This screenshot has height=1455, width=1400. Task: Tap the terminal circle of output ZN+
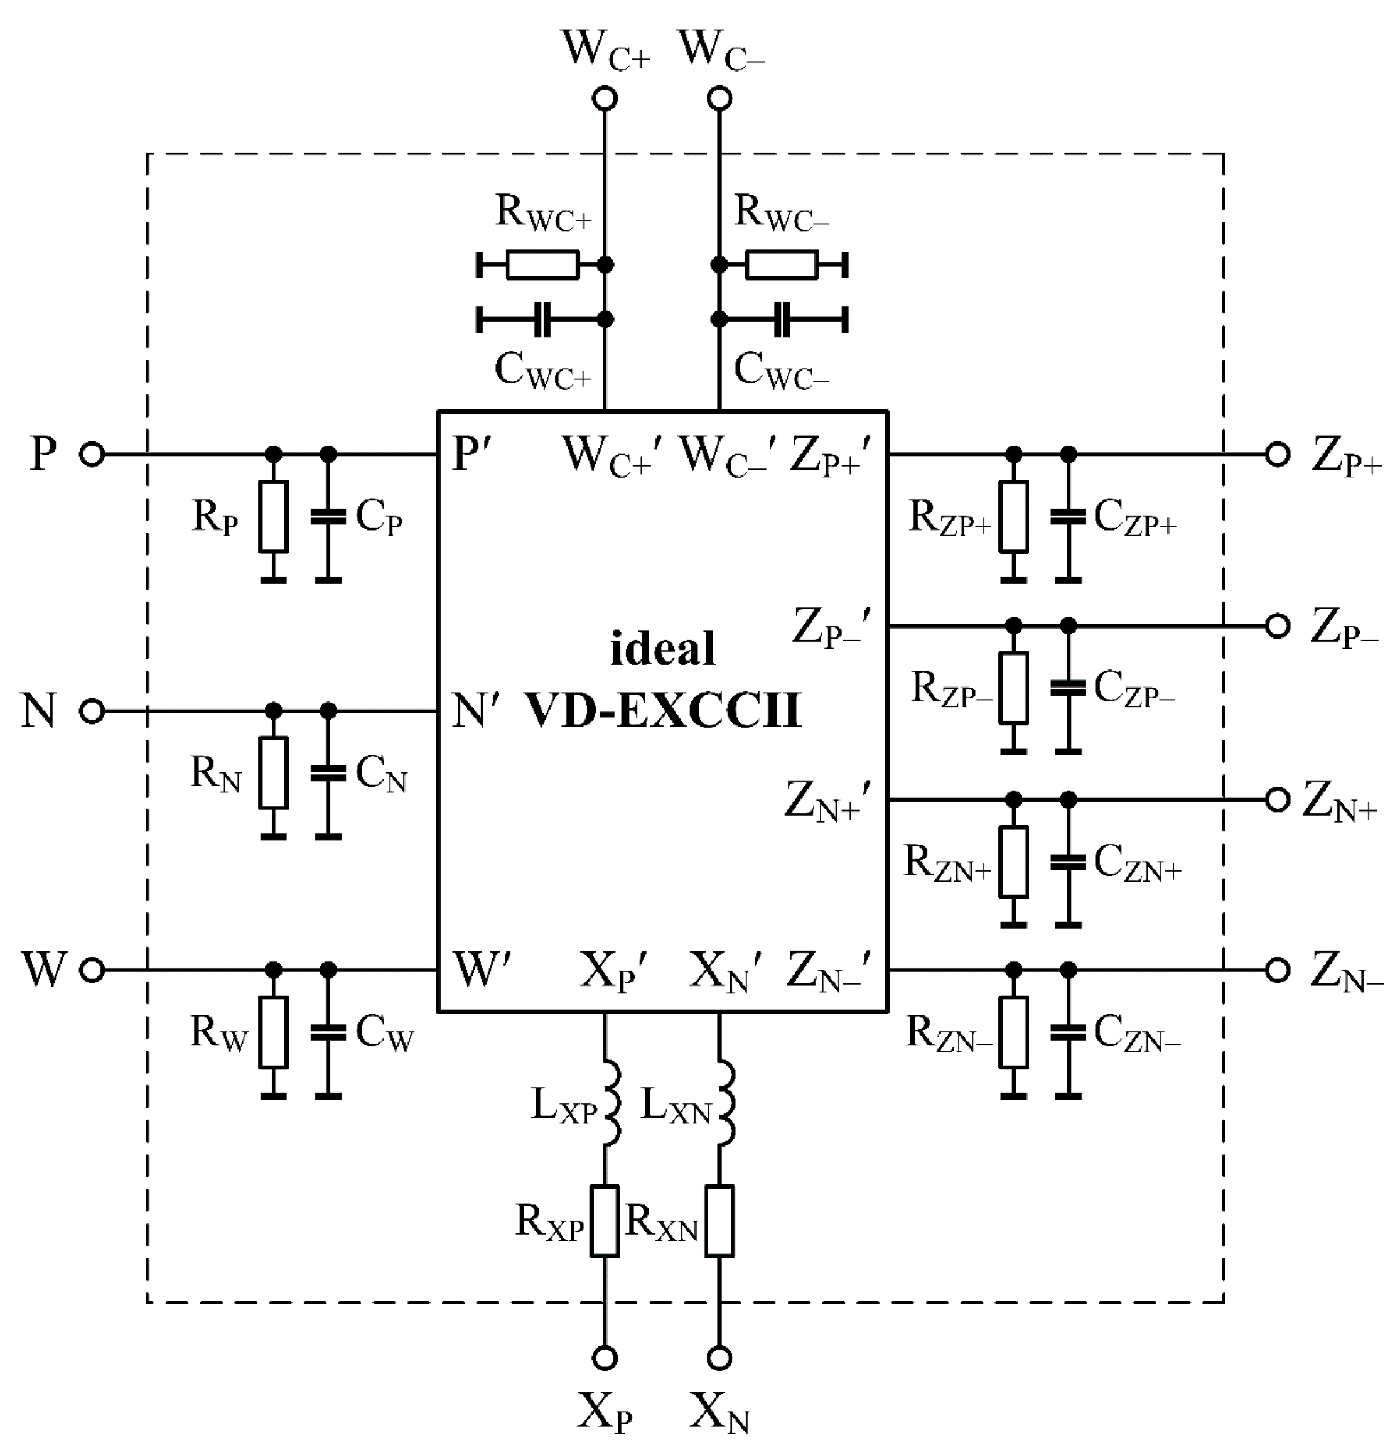pos(1277,799)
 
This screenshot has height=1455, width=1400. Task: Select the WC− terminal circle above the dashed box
pos(719,98)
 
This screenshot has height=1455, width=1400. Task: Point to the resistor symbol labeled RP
pos(273,517)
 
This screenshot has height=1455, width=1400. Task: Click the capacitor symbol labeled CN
pos(327,774)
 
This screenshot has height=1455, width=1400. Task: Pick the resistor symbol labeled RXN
pos(719,1221)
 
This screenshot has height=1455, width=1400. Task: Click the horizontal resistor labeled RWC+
pos(542,264)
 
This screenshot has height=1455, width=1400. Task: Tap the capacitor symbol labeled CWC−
pos(782,319)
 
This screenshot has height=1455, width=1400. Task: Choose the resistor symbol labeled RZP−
pos(1013,688)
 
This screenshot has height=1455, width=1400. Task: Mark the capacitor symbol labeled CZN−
pos(1067,1032)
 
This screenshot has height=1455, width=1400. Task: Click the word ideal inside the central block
pos(662,649)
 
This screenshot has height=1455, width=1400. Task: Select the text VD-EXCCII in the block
pos(663,710)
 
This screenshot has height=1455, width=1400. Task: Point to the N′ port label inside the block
pos(475,711)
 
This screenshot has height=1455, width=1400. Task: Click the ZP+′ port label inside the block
pos(829,454)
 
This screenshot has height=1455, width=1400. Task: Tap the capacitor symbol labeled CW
pos(327,1032)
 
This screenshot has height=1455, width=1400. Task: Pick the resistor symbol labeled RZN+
pos(1013,861)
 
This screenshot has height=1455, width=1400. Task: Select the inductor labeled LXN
pos(724,1104)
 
